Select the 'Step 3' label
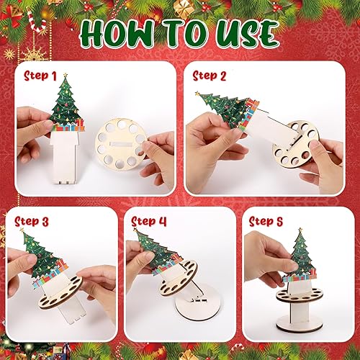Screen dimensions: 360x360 click(x=32, y=222)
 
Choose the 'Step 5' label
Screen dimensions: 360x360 click(x=267, y=222)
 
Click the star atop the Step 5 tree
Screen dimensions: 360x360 click(x=301, y=231)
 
